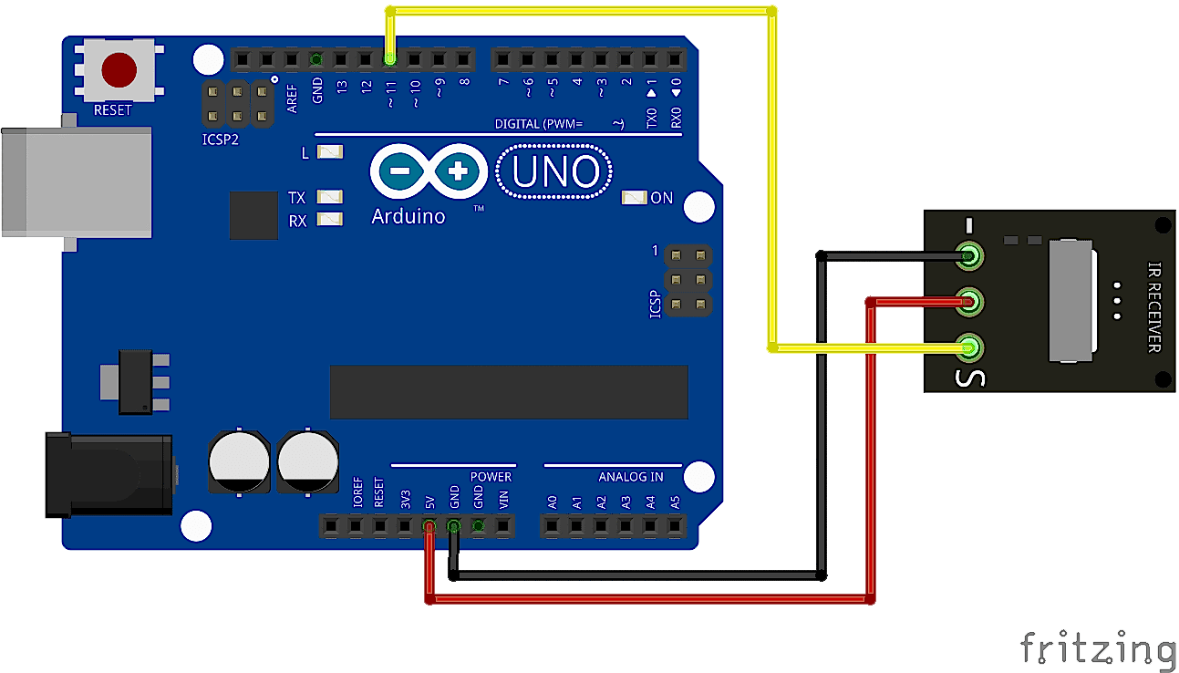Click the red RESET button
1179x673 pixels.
(x=119, y=69)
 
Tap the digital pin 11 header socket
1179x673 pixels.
(x=390, y=60)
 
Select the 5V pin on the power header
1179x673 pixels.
(x=429, y=525)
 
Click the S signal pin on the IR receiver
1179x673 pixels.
(x=970, y=347)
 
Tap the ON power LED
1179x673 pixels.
(x=634, y=197)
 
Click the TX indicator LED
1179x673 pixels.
(x=329, y=196)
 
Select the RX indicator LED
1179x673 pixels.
(x=329, y=219)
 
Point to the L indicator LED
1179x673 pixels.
(x=329, y=151)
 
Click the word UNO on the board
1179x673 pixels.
(x=555, y=172)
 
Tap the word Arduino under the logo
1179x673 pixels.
(x=409, y=216)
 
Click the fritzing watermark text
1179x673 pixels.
(x=1097, y=647)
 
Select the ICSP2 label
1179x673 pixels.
(x=222, y=140)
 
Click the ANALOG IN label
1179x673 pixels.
(x=630, y=477)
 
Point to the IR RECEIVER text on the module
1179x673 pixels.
(x=1153, y=307)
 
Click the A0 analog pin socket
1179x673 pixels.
(x=551, y=525)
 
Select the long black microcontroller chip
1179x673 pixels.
(x=508, y=392)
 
